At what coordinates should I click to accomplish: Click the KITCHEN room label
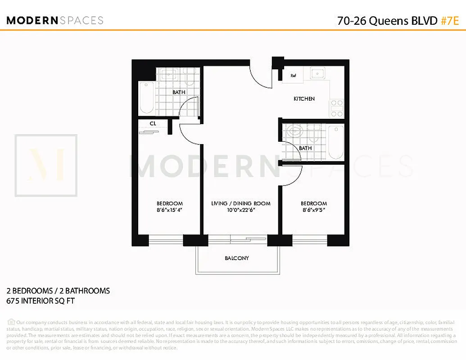point(304,99)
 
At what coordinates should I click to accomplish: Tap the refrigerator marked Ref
point(293,76)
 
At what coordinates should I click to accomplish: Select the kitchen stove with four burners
point(336,108)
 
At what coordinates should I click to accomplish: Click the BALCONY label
point(237,258)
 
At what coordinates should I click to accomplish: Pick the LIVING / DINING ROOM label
point(241,203)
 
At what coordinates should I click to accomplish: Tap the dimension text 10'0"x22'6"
point(241,210)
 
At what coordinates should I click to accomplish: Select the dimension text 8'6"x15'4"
point(169,210)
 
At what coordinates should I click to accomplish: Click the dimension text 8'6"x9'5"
point(314,210)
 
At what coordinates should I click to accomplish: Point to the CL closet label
point(153,123)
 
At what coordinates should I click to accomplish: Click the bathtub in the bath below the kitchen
point(335,143)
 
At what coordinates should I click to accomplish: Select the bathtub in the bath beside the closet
point(146,98)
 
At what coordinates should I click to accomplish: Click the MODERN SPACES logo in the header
point(55,20)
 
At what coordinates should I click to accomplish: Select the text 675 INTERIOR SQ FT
point(41,301)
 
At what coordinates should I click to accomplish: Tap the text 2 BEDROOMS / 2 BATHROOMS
point(58,291)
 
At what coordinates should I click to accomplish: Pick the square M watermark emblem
point(46,165)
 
